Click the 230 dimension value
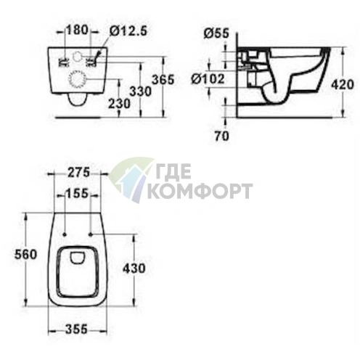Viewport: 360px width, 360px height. pyautogui.click(x=119, y=105)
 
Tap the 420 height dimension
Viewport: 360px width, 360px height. pyautogui.click(x=345, y=83)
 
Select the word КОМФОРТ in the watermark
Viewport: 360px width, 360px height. pyautogui.click(x=200, y=191)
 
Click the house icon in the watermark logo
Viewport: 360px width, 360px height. pyautogui.click(x=128, y=179)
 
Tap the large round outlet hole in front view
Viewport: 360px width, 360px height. pyautogui.click(x=77, y=80)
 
